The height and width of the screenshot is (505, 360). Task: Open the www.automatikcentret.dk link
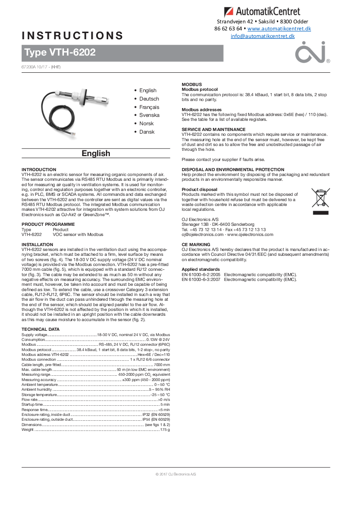[x=279, y=29]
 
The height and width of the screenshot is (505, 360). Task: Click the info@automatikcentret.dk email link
[x=262, y=36]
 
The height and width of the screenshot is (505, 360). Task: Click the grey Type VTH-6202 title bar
[x=122, y=53]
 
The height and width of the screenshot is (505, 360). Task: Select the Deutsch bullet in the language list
[x=149, y=99]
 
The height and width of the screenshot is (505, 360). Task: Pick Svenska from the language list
[x=149, y=115]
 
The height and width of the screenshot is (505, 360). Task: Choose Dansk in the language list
[x=147, y=132]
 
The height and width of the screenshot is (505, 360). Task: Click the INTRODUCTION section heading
[x=39, y=169]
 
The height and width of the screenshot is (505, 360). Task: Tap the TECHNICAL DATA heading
[x=41, y=329]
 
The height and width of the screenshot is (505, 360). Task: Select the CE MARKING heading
[x=196, y=244]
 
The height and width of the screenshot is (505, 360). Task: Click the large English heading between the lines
[x=96, y=153]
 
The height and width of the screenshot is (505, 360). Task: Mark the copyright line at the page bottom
[x=176, y=474]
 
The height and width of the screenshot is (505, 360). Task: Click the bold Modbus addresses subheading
[x=202, y=109]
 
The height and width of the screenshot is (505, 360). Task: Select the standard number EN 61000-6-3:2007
[x=201, y=279]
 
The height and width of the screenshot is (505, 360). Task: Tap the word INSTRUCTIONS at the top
[x=72, y=36]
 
